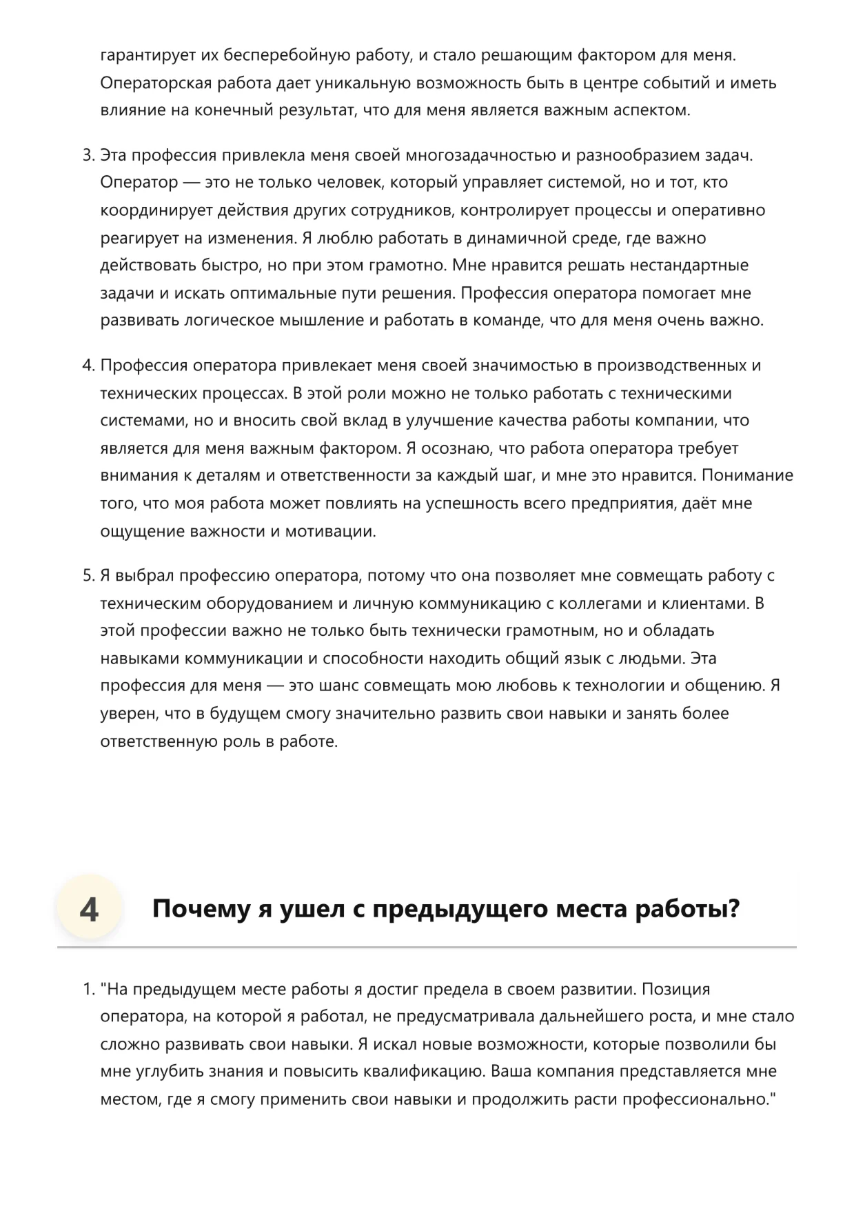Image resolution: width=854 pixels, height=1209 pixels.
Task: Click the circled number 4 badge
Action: click(89, 909)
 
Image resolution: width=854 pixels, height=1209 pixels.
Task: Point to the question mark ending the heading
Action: click(733, 909)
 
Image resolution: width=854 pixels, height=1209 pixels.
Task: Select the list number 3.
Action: click(88, 155)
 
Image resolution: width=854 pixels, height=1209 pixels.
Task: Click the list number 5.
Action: click(88, 576)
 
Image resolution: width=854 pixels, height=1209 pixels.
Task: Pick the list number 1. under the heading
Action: click(88, 989)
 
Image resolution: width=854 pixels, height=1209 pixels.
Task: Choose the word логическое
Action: click(225, 321)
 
